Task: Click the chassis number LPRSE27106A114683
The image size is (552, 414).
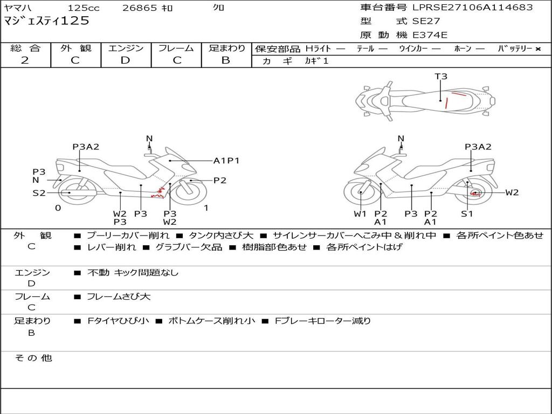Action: click(x=472, y=7)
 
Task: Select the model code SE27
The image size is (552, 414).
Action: click(x=426, y=21)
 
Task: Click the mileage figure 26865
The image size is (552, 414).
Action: click(x=140, y=8)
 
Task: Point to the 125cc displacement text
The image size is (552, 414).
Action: click(x=84, y=8)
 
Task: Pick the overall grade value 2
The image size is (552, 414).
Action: click(x=25, y=60)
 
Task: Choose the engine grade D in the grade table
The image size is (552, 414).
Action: click(x=125, y=60)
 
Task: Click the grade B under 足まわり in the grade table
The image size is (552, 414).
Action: click(x=226, y=60)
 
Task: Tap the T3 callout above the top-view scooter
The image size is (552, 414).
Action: click(x=441, y=77)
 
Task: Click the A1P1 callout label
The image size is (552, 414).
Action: click(x=226, y=161)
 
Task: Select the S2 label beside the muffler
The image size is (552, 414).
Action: click(x=39, y=193)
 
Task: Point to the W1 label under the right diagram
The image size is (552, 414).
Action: click(x=360, y=213)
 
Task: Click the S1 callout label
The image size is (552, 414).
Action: click(x=467, y=213)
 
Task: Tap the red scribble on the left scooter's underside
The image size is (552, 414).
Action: click(x=158, y=194)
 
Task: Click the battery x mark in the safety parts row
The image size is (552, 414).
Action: click(x=538, y=49)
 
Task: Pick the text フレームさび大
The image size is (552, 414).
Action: click(x=119, y=297)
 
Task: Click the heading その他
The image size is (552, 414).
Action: click(x=33, y=358)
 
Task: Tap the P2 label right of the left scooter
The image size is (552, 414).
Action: click(x=220, y=181)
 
